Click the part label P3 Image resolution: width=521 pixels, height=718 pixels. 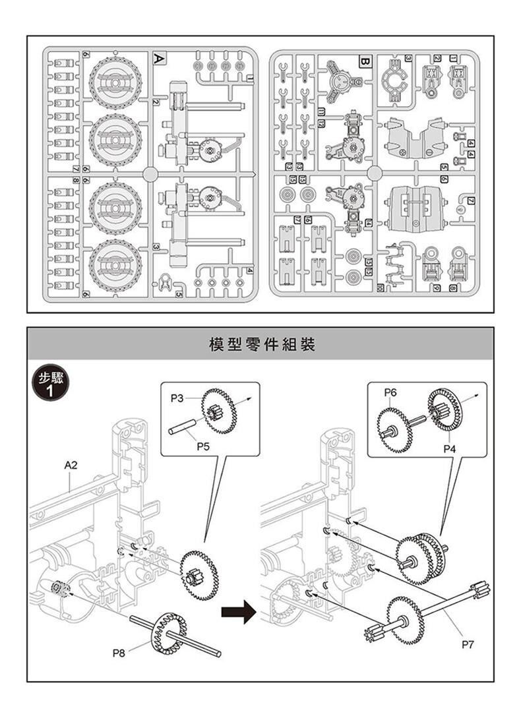(x=177, y=398)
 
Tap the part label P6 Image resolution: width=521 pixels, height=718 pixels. (x=390, y=392)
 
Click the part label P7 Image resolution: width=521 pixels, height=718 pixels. (x=468, y=646)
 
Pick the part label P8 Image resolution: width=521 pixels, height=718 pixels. (x=119, y=653)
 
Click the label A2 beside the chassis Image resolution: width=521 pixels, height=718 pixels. (x=71, y=465)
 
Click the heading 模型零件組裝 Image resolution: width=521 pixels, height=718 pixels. (x=260, y=344)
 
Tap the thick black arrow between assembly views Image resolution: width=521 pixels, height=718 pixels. (x=238, y=611)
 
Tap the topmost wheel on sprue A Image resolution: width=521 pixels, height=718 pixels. (x=114, y=82)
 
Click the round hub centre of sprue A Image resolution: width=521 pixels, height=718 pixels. (x=149, y=174)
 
